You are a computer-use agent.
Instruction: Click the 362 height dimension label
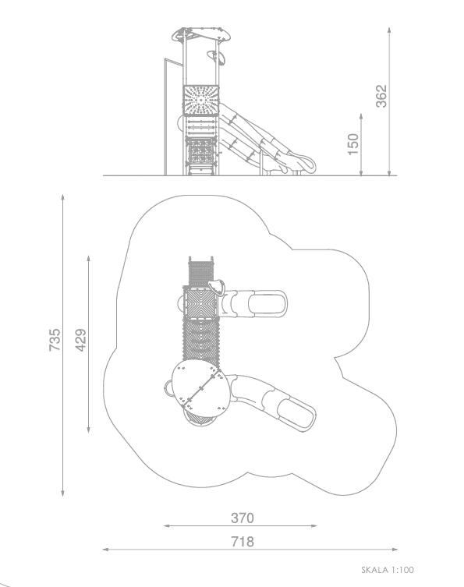[x=381, y=96]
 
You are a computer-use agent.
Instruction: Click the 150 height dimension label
[x=352, y=144]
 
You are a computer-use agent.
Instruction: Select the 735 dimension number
[x=55, y=340]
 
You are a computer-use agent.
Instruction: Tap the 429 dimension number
[x=80, y=340]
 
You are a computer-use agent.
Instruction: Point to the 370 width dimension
[x=243, y=518]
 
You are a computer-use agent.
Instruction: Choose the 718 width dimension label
[x=243, y=542]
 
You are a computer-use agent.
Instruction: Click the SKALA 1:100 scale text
[x=388, y=570]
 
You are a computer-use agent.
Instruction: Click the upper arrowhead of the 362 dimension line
[x=389, y=30]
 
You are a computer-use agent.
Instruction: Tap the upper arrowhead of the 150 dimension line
[x=361, y=116]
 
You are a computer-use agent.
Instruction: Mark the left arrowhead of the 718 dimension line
[x=105, y=549]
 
